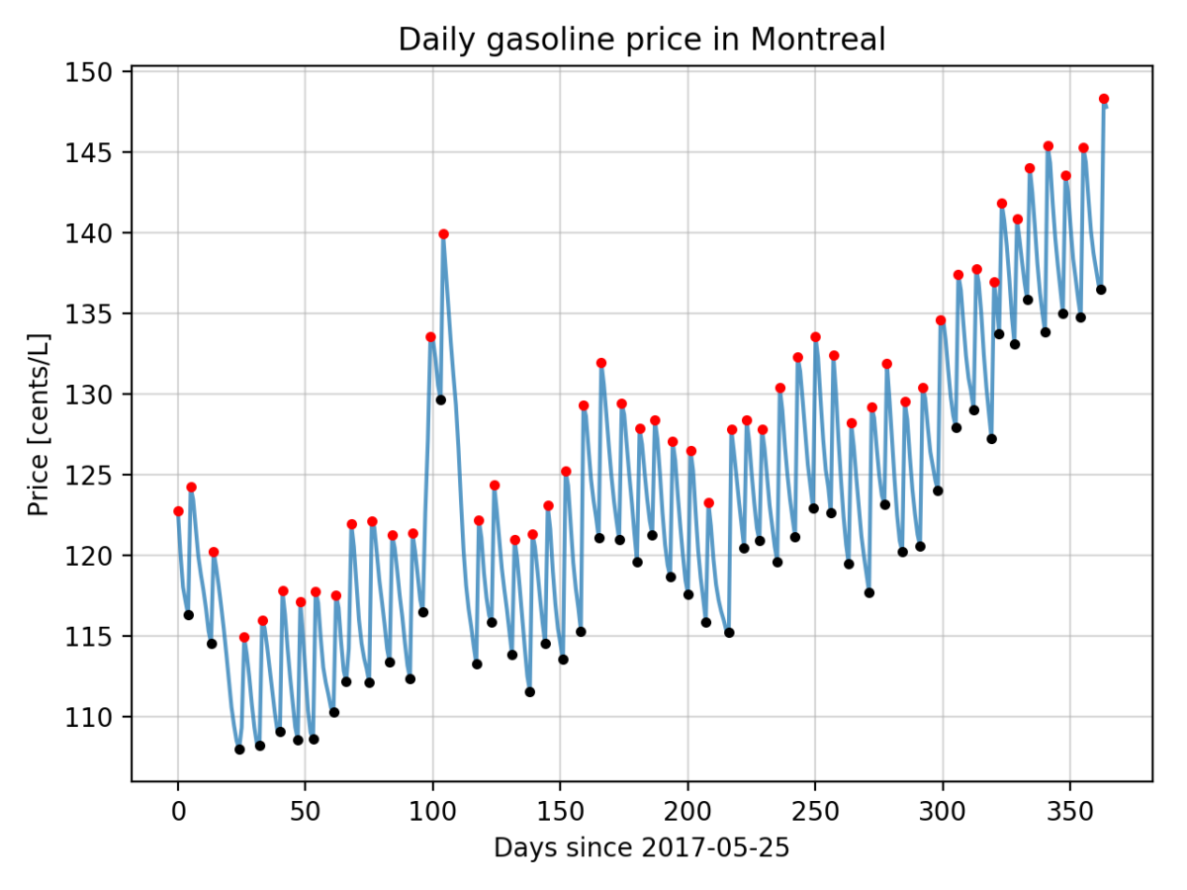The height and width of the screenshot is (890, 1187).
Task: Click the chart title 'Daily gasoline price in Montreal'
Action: coord(641,40)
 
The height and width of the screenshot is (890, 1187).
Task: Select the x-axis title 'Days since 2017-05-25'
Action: coord(641,848)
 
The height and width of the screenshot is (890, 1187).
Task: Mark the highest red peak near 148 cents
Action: coord(1104,99)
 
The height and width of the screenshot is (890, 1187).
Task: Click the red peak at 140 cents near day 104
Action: coord(443,234)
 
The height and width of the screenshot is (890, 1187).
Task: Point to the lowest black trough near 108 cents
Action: coord(239,750)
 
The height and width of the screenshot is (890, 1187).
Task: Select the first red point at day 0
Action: coord(178,511)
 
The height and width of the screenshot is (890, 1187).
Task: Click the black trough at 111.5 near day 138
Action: coord(530,692)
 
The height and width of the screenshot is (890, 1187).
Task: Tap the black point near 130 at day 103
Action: coord(440,400)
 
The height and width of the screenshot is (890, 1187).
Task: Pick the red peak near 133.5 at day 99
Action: coord(430,337)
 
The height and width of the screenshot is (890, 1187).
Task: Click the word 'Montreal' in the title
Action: coord(817,40)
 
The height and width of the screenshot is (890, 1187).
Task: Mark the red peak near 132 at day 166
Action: coord(600,363)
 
